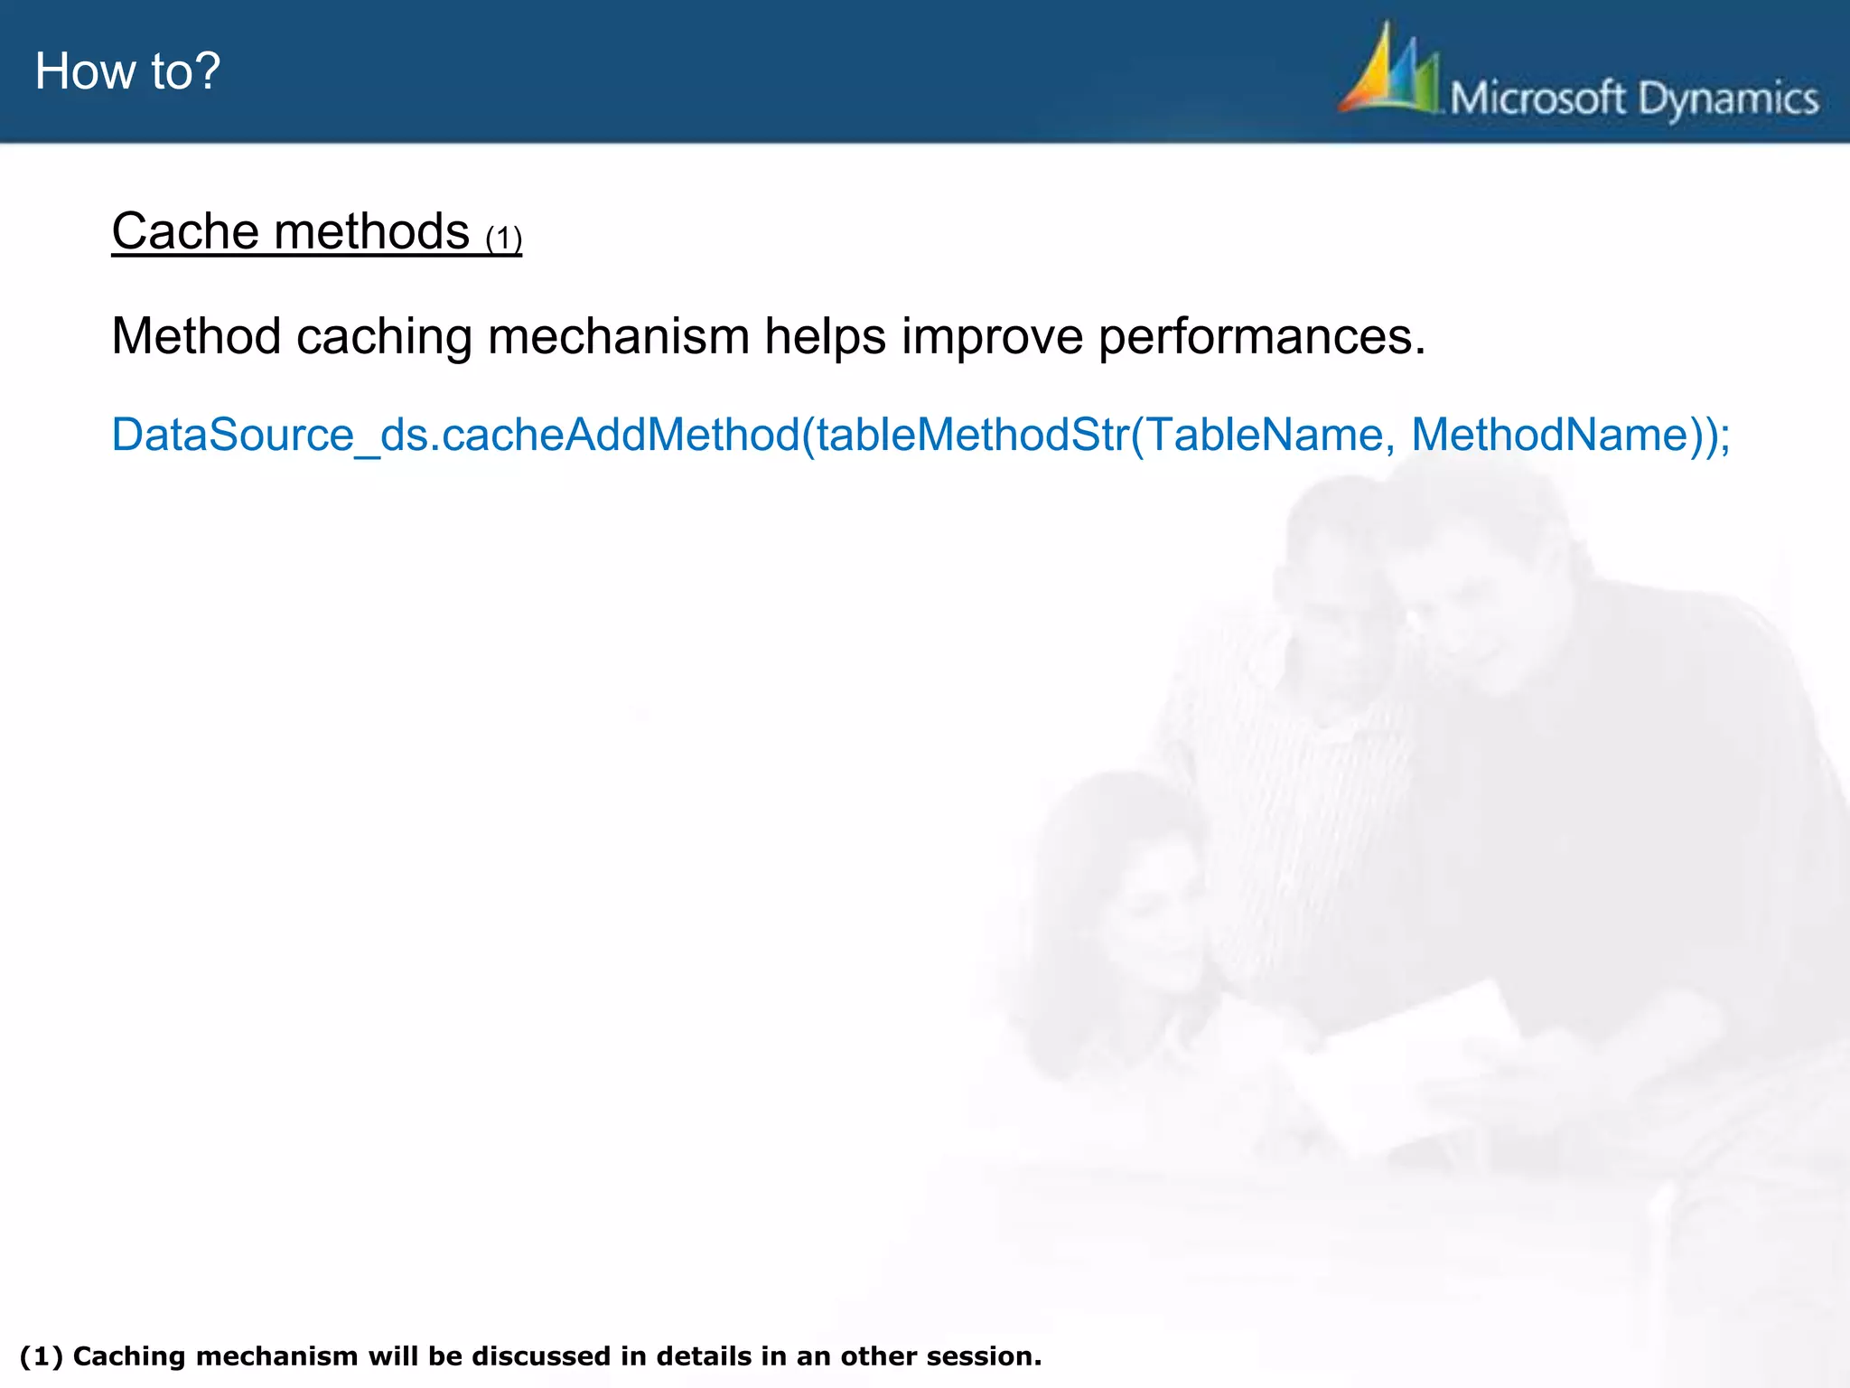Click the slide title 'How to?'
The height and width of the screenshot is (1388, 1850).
coord(127,71)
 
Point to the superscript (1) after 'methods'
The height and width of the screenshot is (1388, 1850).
coord(503,239)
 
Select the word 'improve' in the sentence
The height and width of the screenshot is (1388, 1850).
coord(991,338)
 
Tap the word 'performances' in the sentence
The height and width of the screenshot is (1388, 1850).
coord(1261,338)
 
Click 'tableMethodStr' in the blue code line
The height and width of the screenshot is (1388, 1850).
coord(972,435)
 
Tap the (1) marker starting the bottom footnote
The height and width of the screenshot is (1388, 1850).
coord(41,1356)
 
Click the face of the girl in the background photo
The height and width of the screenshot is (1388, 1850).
coord(1147,913)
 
